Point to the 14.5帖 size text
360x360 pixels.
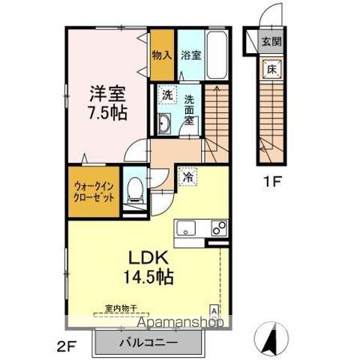coord(148,276)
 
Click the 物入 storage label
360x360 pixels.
coord(161,55)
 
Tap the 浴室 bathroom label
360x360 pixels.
coord(190,55)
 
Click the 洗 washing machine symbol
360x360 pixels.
coord(168,96)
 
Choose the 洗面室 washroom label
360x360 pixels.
coord(190,109)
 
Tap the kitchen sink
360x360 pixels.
coord(185,229)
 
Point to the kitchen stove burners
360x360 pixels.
coord(218,228)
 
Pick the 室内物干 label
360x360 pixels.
coord(121,310)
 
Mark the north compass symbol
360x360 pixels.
coord(274,337)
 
